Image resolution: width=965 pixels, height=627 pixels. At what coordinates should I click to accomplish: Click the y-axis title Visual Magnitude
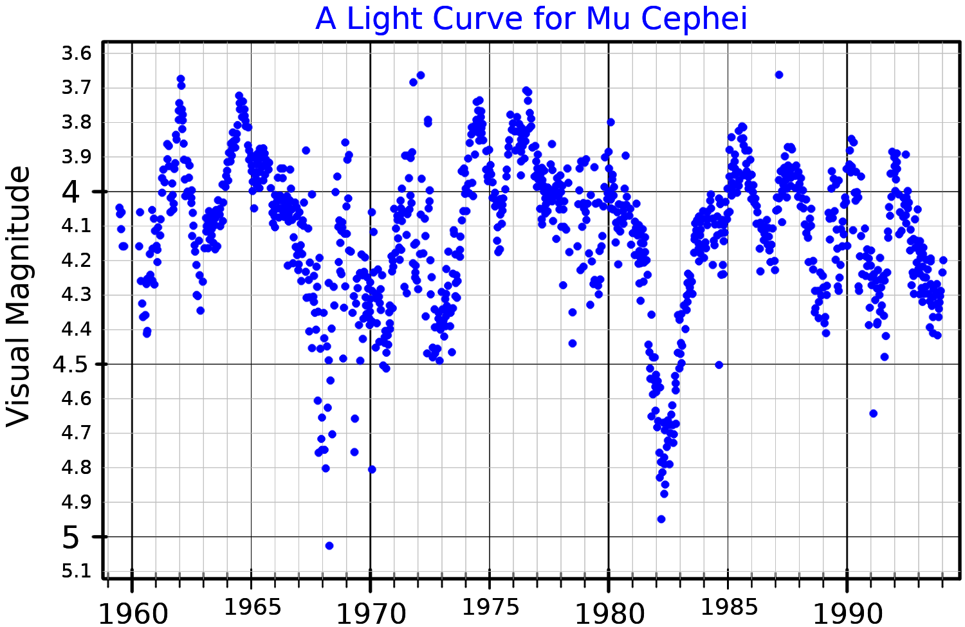pyautogui.click(x=19, y=296)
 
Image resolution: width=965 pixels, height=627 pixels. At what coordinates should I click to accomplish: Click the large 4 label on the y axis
pyautogui.click(x=71, y=192)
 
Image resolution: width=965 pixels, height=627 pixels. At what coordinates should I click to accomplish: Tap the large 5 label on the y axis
pyautogui.click(x=71, y=538)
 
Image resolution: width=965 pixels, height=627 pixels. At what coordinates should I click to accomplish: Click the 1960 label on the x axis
pyautogui.click(x=133, y=614)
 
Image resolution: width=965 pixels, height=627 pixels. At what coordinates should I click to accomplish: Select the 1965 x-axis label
pyautogui.click(x=251, y=607)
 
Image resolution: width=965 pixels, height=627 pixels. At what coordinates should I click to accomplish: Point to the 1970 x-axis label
pyautogui.click(x=371, y=614)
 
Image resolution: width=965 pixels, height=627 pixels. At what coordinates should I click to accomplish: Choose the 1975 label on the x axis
pyautogui.click(x=489, y=607)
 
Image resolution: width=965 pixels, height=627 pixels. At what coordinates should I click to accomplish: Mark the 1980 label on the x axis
pyautogui.click(x=609, y=614)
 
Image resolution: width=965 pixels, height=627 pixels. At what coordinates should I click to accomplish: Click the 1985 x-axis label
pyautogui.click(x=727, y=607)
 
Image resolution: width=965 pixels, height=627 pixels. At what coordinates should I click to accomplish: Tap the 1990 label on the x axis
pyautogui.click(x=847, y=614)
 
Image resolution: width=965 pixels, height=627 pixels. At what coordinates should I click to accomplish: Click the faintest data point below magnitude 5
pyautogui.click(x=329, y=546)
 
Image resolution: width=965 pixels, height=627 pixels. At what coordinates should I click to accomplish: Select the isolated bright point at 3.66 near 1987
pyautogui.click(x=779, y=75)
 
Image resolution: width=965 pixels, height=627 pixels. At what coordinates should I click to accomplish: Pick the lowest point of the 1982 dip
pyautogui.click(x=661, y=519)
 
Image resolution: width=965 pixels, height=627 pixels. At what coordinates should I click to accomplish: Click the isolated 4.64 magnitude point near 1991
pyautogui.click(x=873, y=413)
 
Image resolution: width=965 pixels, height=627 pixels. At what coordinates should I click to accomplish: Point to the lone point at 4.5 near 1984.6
pyautogui.click(x=719, y=365)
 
